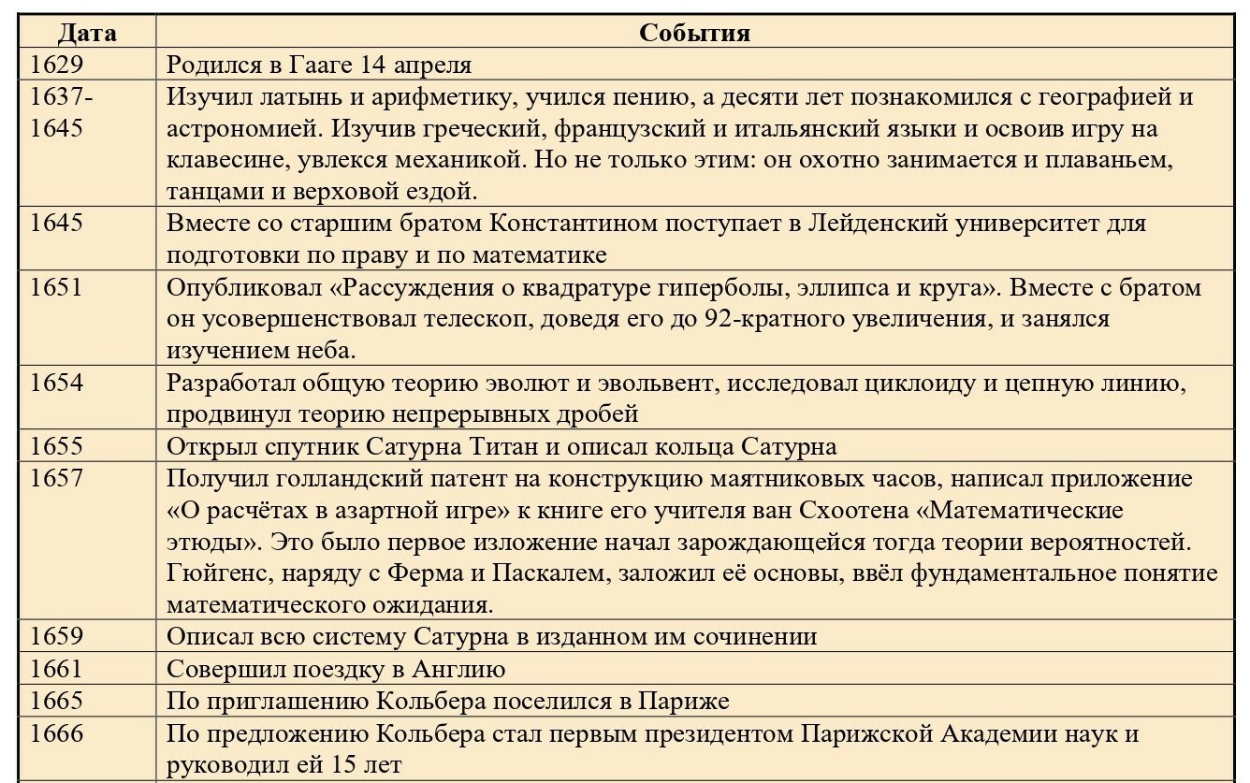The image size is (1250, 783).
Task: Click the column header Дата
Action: (x=87, y=33)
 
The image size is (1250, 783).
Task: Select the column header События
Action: (x=694, y=33)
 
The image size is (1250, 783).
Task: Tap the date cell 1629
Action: (x=57, y=65)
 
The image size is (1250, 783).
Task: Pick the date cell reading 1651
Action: (x=57, y=287)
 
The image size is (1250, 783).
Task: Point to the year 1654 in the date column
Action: (x=57, y=383)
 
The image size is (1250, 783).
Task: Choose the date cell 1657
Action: (x=57, y=478)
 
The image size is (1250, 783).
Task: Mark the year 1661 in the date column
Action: (x=57, y=669)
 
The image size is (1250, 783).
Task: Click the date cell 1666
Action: (x=57, y=732)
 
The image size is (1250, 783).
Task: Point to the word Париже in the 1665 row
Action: (x=684, y=701)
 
